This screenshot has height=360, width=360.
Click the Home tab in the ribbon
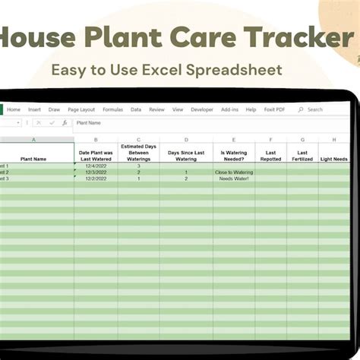point(14,109)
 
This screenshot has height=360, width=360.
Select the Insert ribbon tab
point(34,109)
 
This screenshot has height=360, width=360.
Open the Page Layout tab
point(81,109)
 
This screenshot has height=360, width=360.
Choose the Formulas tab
point(112,109)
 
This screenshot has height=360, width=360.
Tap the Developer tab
point(202,109)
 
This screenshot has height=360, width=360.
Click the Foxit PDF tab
point(273,109)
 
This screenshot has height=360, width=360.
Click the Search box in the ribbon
point(314,109)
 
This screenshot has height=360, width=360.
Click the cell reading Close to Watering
point(234,172)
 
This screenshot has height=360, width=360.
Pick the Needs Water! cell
point(234,178)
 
